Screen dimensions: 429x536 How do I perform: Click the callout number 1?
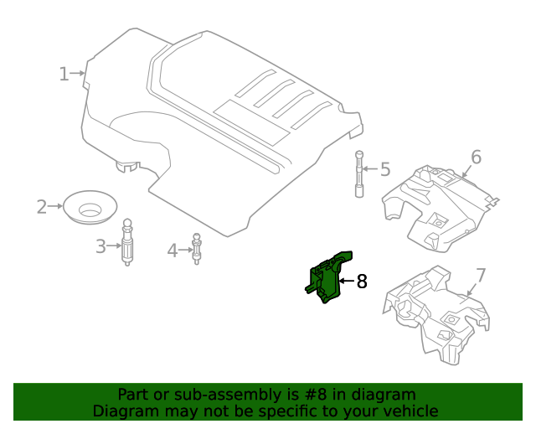coord(64,74)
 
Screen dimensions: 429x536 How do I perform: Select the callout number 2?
coord(42,206)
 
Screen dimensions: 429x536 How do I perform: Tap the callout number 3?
coord(100,246)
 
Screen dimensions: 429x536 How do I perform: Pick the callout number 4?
coord(172,250)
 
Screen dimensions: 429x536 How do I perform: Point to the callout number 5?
coord(385,170)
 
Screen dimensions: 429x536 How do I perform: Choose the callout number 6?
coord(476,157)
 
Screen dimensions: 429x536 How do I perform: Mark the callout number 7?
coord(481,276)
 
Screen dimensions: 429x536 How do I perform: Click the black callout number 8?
coord(362,282)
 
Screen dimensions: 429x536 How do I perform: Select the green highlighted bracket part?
coord(327,277)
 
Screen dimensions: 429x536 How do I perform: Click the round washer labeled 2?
coord(90,206)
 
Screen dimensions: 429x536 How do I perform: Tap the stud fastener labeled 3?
coord(128,243)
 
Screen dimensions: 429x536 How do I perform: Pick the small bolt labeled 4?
coord(198,248)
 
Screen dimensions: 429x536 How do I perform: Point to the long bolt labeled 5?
coord(359,173)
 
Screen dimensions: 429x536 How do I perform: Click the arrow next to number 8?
coord(345,282)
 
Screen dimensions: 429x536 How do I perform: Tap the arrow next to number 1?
coord(78,74)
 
